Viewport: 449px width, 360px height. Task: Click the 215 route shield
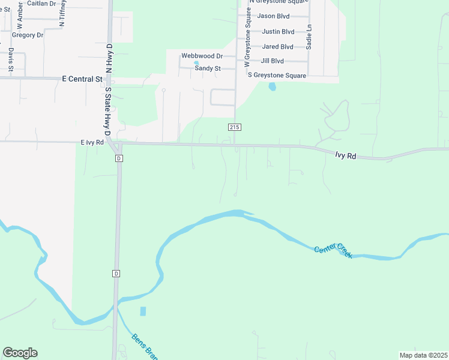click(x=235, y=127)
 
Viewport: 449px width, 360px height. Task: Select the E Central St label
click(x=82, y=79)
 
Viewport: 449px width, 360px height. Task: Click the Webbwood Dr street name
click(x=202, y=56)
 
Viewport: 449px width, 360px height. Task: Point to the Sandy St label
click(x=208, y=68)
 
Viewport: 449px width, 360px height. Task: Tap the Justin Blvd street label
click(x=278, y=31)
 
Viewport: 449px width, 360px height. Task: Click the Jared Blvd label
click(x=278, y=46)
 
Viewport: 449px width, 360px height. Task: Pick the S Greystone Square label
click(x=277, y=76)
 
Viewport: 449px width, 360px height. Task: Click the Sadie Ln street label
click(x=309, y=37)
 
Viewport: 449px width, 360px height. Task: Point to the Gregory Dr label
click(x=28, y=35)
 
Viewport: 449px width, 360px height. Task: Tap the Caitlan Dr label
click(x=41, y=3)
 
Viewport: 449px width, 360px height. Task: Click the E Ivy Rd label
click(x=92, y=142)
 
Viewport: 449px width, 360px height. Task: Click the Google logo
click(x=20, y=353)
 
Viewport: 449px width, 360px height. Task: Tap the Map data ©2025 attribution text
click(x=423, y=355)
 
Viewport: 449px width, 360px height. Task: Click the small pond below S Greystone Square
click(x=273, y=86)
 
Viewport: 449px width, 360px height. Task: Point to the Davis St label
click(x=11, y=61)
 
